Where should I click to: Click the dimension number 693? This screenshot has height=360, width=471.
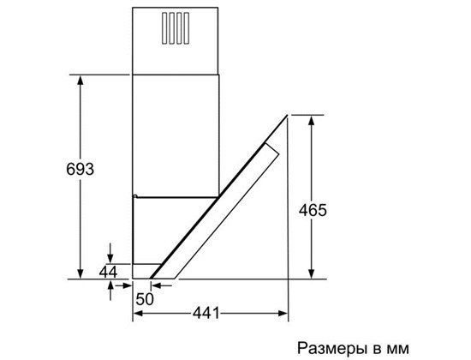click(80, 169)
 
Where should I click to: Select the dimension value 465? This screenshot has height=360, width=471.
click(313, 210)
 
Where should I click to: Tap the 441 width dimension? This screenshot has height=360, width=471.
click(206, 313)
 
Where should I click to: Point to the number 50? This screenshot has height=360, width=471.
click(145, 299)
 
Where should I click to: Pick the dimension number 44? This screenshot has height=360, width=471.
click(108, 273)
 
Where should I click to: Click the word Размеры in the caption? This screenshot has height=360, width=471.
click(332, 348)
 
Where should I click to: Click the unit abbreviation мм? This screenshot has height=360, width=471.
click(398, 349)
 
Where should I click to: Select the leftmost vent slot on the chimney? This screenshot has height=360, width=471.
click(164, 28)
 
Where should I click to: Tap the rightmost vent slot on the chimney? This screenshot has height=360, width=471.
click(187, 28)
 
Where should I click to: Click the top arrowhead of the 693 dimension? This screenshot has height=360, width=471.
click(80, 80)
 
